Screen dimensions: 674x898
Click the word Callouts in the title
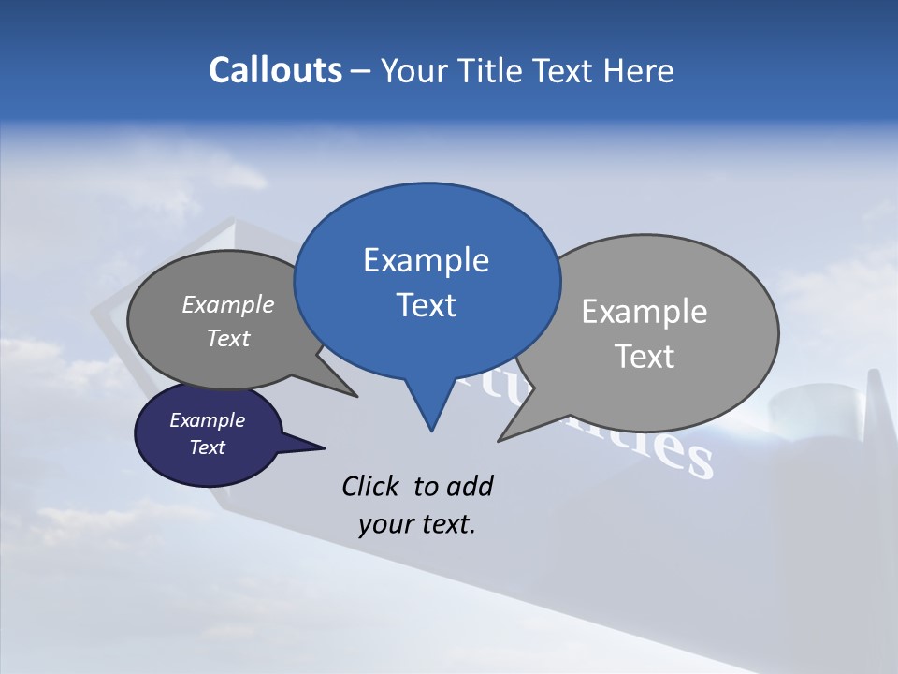(276, 70)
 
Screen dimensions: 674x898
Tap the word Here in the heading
(638, 71)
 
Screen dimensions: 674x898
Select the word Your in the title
(414, 71)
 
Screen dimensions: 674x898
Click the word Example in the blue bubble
(426, 260)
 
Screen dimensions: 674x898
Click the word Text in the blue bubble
(427, 305)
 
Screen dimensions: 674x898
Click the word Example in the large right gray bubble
(645, 312)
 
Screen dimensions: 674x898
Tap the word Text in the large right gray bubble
(645, 357)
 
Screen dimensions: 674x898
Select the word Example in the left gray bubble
(228, 304)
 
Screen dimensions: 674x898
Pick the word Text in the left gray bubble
(228, 338)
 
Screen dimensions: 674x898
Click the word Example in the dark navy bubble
(207, 420)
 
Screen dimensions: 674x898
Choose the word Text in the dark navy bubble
(208, 447)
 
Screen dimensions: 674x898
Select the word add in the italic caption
(469, 486)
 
